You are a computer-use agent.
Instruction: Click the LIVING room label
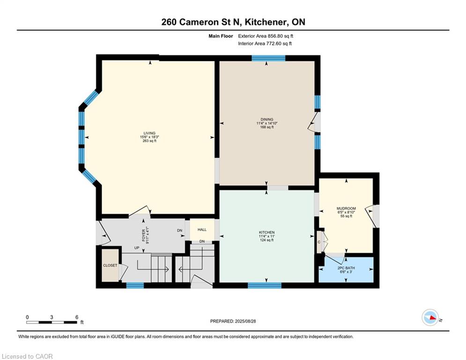tap(149, 133)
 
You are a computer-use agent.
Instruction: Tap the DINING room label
tap(267, 120)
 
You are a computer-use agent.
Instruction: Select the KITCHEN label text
tap(267, 232)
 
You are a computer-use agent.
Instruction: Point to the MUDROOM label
tap(346, 208)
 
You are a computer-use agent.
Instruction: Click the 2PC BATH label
tap(346, 268)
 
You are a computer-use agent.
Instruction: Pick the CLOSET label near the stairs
tap(110, 265)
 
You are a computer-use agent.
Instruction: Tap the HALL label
tap(202, 230)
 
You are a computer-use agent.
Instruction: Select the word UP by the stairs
tap(137, 248)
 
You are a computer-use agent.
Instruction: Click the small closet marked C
tap(319, 242)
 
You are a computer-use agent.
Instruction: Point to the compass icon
tap(430, 318)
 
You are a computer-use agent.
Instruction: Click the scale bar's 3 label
tap(52, 317)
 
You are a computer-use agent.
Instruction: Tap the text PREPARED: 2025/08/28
tap(233, 321)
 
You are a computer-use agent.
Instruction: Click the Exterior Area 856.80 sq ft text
tap(266, 36)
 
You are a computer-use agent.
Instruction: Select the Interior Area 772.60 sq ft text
tap(265, 44)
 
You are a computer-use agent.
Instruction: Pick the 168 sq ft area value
tap(267, 127)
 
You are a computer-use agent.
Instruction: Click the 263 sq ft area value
tap(149, 141)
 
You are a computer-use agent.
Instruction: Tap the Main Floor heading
tap(221, 36)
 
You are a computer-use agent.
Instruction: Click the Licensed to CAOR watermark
tap(27, 356)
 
